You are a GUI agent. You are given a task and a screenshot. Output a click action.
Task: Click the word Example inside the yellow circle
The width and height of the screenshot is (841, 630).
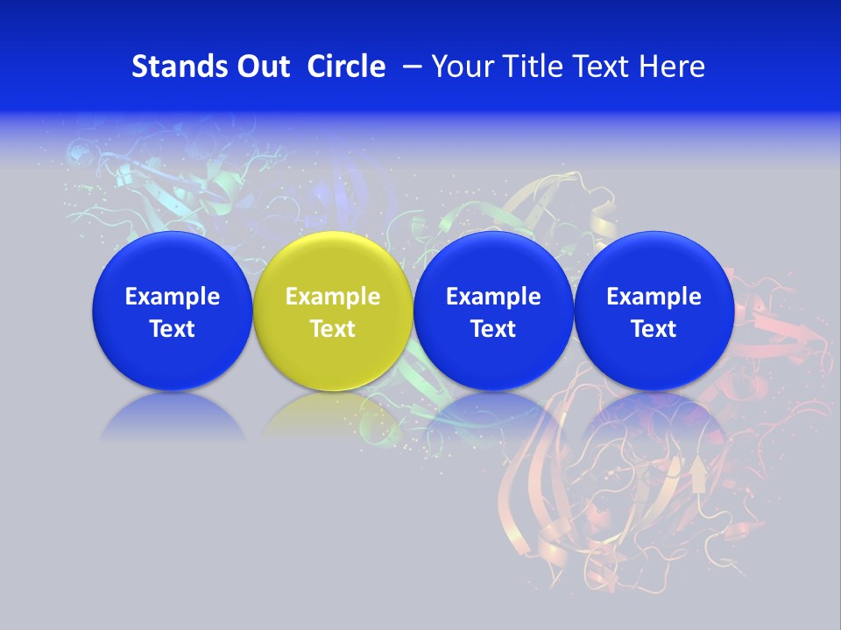click(x=333, y=297)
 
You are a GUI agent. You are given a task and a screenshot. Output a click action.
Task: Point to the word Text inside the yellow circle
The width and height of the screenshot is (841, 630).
click(x=333, y=329)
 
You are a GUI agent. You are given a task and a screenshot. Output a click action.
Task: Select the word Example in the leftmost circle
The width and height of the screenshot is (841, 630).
click(x=173, y=297)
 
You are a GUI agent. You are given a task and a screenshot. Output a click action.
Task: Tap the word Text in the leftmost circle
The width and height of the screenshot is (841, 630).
click(x=173, y=329)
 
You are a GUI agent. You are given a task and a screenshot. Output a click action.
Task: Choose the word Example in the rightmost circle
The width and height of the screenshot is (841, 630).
click(x=654, y=297)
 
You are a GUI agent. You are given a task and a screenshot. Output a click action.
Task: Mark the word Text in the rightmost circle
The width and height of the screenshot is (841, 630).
click(x=654, y=329)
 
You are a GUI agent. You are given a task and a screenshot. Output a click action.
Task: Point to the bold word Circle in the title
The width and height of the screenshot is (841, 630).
click(x=346, y=66)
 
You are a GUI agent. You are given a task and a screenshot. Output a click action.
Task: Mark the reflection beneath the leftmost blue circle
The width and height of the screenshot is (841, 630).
click(x=173, y=416)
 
